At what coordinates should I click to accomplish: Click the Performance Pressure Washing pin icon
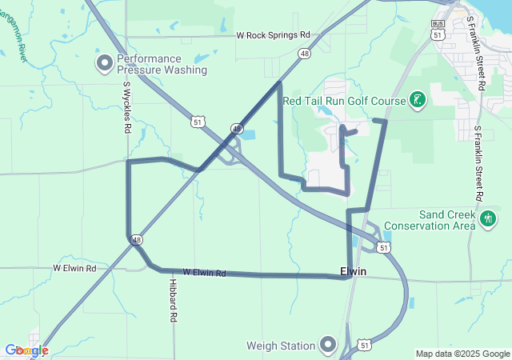(104, 63)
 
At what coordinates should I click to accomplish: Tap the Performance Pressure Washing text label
(162, 64)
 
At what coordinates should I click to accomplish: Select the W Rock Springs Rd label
(272, 35)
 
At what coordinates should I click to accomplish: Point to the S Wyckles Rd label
(126, 108)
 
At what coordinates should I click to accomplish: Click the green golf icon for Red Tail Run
(417, 100)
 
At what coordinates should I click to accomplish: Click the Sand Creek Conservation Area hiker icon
(488, 218)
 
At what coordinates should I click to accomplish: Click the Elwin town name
(353, 272)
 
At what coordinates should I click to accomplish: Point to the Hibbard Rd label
(172, 300)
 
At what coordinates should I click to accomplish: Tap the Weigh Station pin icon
(327, 346)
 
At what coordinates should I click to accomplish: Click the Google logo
(26, 350)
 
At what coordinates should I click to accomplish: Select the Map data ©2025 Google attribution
(462, 354)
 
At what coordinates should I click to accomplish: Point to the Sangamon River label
(11, 40)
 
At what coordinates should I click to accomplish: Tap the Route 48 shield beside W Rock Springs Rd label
(305, 54)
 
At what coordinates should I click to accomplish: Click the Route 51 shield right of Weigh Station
(364, 344)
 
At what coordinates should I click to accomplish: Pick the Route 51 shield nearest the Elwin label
(385, 248)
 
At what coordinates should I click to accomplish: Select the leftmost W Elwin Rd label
(74, 268)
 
